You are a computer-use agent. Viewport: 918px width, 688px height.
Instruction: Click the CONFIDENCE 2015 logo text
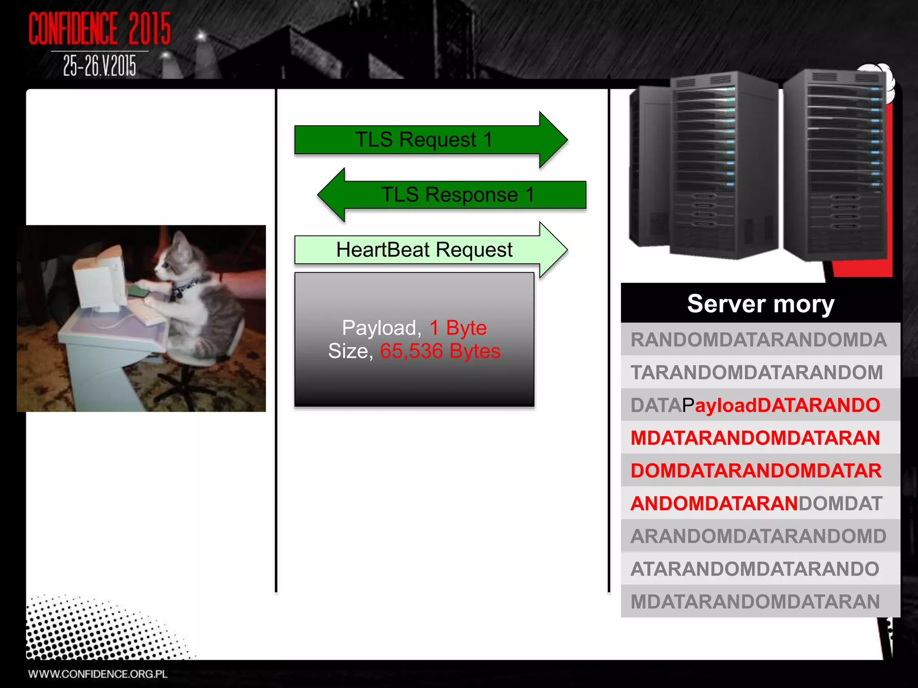(100, 29)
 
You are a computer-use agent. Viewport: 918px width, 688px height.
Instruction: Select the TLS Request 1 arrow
(424, 140)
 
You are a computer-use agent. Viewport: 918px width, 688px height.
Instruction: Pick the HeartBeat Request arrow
(424, 250)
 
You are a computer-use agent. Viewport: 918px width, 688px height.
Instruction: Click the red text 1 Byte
(458, 328)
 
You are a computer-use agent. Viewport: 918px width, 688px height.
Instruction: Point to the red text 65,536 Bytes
(440, 351)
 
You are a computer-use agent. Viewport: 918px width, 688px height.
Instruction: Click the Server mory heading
(760, 304)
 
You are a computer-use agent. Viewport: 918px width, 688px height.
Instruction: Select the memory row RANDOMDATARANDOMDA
(758, 340)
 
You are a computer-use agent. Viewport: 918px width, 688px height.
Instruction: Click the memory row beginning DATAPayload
(755, 405)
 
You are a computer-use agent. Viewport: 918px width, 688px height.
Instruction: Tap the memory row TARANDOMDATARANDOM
(757, 373)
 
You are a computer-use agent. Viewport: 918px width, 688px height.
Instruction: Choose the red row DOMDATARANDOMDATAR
(756, 471)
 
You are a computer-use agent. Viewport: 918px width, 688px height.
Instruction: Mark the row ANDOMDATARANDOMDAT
(756, 503)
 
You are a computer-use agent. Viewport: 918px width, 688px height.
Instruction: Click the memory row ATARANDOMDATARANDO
(755, 569)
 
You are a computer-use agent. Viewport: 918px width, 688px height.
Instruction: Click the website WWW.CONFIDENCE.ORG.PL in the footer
(98, 674)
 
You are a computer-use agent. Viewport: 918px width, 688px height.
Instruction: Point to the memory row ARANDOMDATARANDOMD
(758, 536)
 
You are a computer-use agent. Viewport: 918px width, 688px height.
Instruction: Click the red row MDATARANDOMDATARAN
(755, 438)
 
